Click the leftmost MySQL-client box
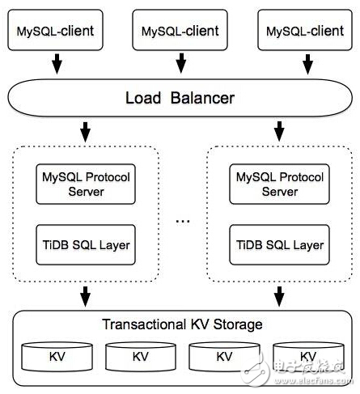tap(54, 31)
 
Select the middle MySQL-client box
tap(180, 31)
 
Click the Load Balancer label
tap(180, 99)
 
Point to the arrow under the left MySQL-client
tap(54, 63)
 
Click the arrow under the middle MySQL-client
tap(180, 63)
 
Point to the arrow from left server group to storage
tap(86, 296)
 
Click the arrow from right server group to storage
tap(280, 296)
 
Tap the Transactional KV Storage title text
tap(182, 324)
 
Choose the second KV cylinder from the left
tap(140, 356)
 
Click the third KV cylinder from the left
tap(224, 356)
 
